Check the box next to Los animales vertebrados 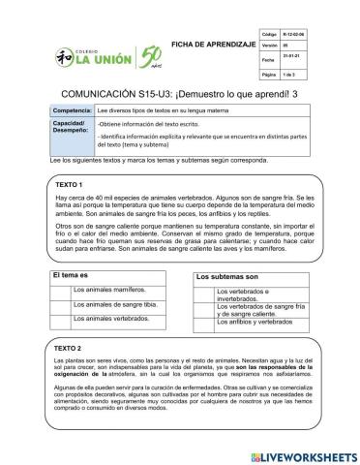coord(63,318)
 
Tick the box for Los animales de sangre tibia coord(63,304)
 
